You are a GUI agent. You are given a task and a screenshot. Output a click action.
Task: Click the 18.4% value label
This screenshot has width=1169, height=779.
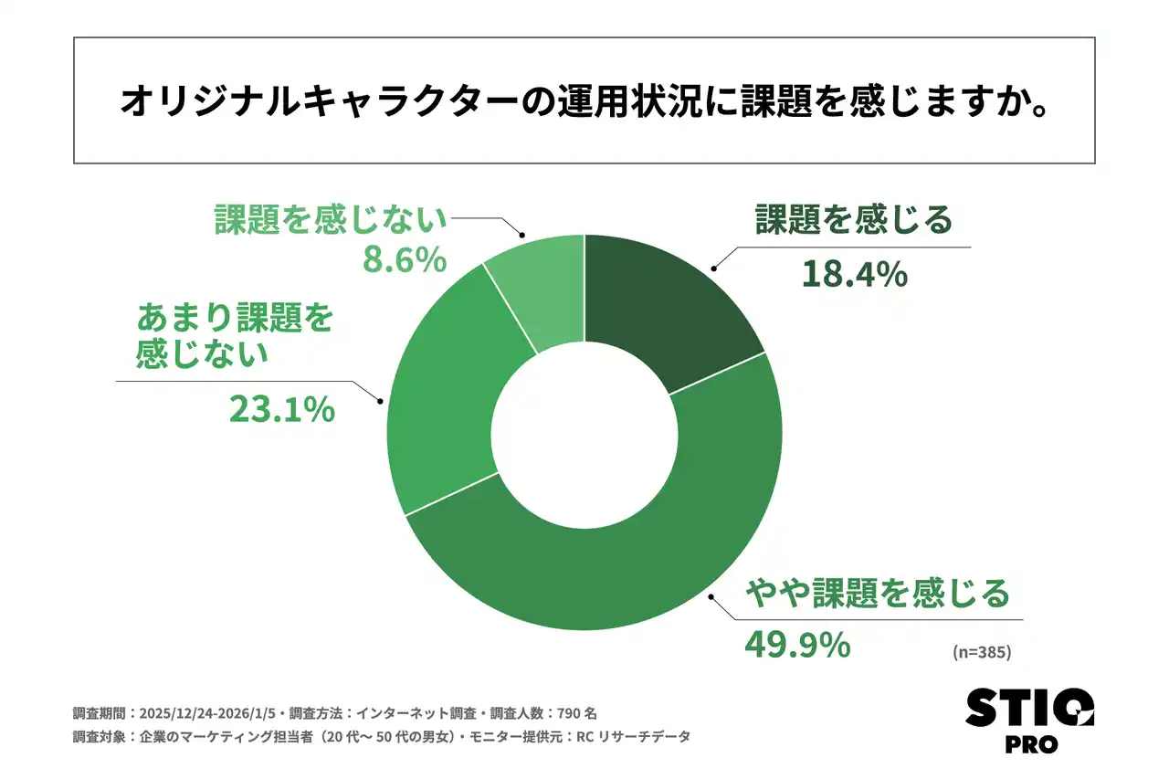click(x=854, y=273)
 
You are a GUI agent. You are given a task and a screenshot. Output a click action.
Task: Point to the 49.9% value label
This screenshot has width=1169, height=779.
click(x=797, y=645)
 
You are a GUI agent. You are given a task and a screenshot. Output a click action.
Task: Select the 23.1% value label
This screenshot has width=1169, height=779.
click(x=281, y=410)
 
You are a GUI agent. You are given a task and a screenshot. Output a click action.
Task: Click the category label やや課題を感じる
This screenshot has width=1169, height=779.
click(x=878, y=595)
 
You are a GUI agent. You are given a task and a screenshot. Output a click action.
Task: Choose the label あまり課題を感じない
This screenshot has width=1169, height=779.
click(x=235, y=335)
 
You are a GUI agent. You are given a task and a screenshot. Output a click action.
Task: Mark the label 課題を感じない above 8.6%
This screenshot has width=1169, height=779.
click(x=332, y=220)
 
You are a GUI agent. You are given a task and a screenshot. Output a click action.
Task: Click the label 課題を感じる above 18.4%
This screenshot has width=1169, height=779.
click(x=853, y=220)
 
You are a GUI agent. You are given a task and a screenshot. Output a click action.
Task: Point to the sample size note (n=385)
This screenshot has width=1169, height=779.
click(x=982, y=652)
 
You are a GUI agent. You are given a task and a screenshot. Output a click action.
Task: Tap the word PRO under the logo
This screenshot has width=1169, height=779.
click(x=1030, y=744)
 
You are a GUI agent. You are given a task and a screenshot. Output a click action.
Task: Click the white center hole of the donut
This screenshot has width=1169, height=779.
click(x=584, y=432)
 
